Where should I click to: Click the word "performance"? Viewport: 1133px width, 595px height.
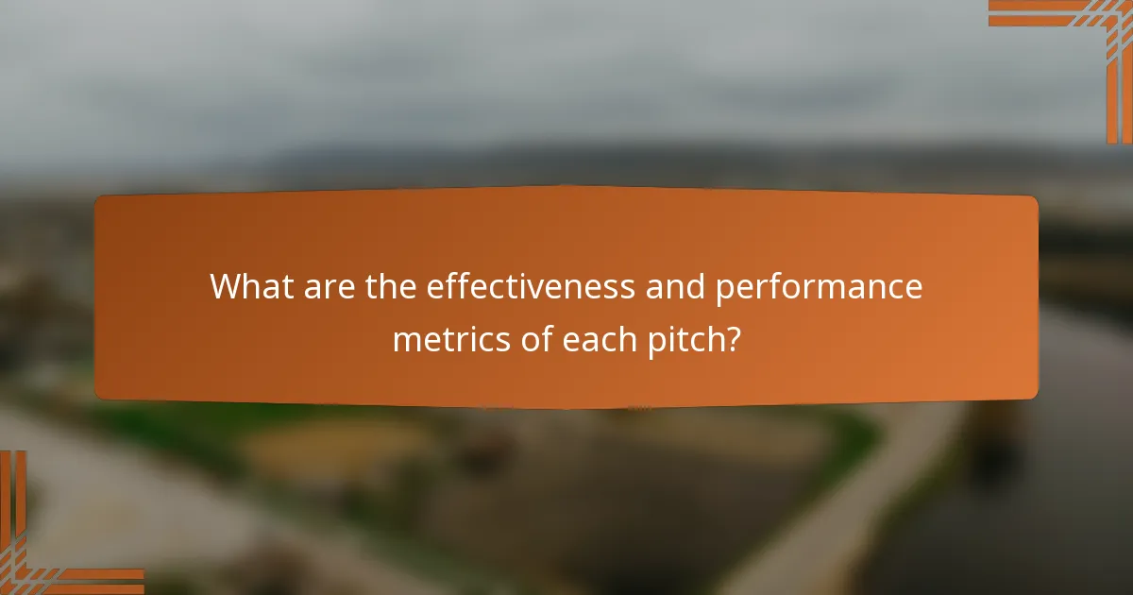(x=818, y=288)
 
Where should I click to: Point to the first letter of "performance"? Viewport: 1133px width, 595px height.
(x=723, y=290)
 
